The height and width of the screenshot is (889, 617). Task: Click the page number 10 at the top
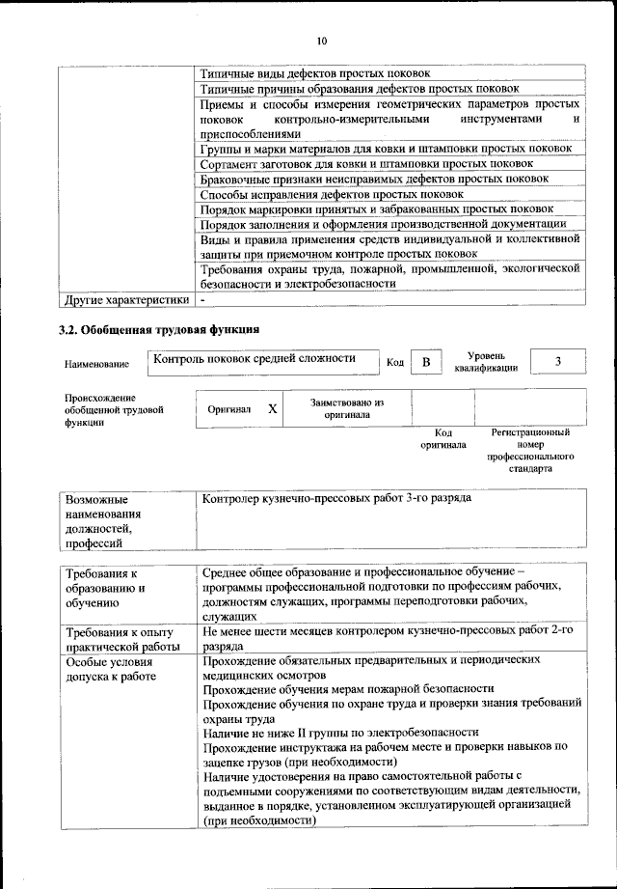pyautogui.click(x=321, y=41)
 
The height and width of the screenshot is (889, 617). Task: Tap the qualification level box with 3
pyautogui.click(x=557, y=361)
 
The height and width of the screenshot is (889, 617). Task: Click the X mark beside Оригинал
pyautogui.click(x=273, y=409)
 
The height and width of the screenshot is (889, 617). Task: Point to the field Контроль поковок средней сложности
pyautogui.click(x=255, y=358)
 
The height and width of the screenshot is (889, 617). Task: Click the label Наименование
pyautogui.click(x=96, y=364)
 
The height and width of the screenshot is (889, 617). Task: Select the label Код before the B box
pyautogui.click(x=394, y=363)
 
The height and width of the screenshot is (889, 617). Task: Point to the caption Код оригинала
pyautogui.click(x=443, y=439)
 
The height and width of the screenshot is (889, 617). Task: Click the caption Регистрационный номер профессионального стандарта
pyautogui.click(x=529, y=451)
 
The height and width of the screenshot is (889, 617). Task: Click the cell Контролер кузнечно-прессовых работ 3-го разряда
pyautogui.click(x=337, y=501)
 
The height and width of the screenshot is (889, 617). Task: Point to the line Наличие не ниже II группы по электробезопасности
pyautogui.click(x=340, y=732)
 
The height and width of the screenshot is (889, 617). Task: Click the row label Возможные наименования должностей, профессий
pyautogui.click(x=102, y=522)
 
